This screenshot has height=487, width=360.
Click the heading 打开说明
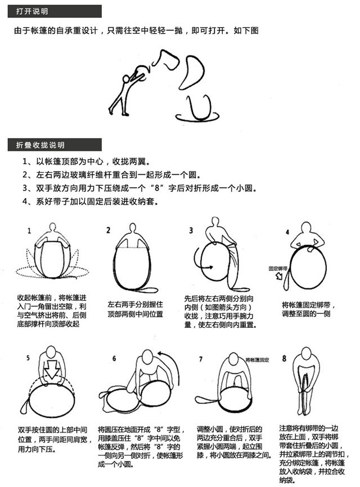click(32, 11)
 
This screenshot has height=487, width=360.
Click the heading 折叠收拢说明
click(40, 145)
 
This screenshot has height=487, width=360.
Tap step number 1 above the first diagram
click(29, 231)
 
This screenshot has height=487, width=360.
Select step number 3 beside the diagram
click(191, 230)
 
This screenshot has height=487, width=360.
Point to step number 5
click(28, 358)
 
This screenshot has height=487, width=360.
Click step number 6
click(114, 358)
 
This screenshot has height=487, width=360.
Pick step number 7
click(201, 359)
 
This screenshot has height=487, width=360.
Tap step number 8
click(284, 358)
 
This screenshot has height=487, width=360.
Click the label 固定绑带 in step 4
click(278, 268)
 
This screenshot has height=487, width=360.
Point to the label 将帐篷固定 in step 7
click(257, 360)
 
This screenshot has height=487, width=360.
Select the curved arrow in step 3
click(199, 261)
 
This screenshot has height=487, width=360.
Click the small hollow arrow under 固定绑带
click(279, 276)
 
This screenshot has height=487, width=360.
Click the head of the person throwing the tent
click(126, 78)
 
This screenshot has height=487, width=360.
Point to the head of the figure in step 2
click(133, 227)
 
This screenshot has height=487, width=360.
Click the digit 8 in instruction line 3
click(158, 188)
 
